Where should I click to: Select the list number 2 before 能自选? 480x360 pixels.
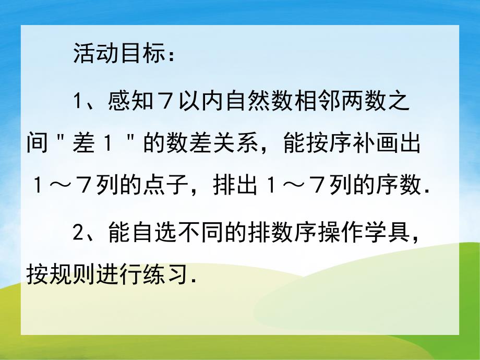[78, 231]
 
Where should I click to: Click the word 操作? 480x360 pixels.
[343, 231]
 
